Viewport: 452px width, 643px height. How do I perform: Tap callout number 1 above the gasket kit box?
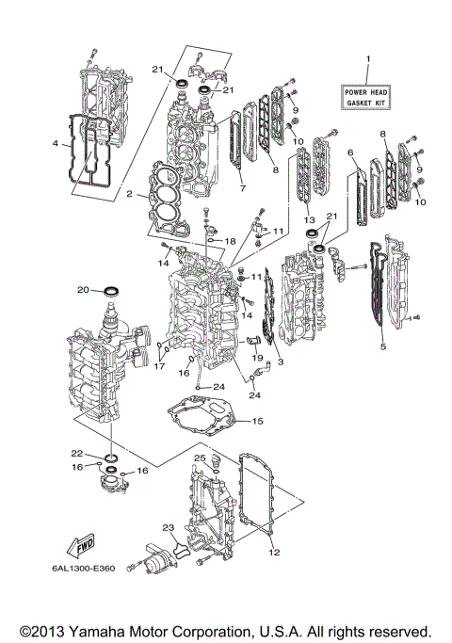point(368,59)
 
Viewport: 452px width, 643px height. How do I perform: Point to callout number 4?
point(56,144)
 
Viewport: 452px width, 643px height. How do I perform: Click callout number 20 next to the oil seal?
point(83,289)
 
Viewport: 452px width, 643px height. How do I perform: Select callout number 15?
point(257,422)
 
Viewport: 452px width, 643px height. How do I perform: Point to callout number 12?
point(275,552)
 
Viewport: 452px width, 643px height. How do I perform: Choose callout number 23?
point(168,527)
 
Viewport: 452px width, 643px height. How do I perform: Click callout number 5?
point(382,346)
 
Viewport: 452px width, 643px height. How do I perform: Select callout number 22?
point(78,453)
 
